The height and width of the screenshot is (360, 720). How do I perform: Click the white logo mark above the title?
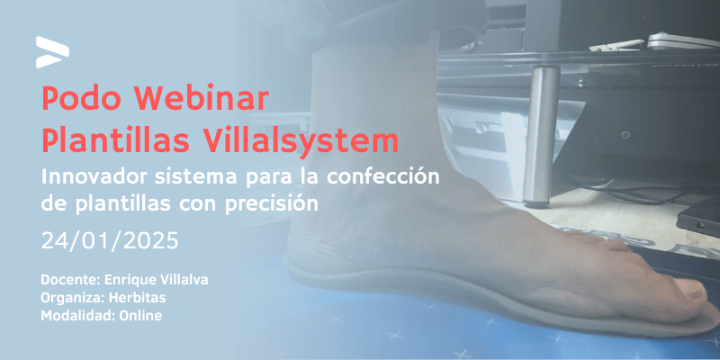52,52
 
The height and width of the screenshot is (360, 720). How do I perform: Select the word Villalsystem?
301,141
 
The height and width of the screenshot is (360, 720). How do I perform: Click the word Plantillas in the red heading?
116,141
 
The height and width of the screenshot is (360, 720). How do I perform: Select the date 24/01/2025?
110,241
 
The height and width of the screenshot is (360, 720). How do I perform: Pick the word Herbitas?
138,298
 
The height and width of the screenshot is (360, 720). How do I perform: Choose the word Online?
140,316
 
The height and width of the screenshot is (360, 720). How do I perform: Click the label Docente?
71,280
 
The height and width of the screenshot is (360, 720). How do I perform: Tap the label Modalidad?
78,316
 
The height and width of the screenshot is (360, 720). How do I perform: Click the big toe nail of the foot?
692,291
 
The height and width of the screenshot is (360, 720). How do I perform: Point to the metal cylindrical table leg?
542,136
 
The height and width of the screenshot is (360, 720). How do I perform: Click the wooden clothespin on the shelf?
616,45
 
